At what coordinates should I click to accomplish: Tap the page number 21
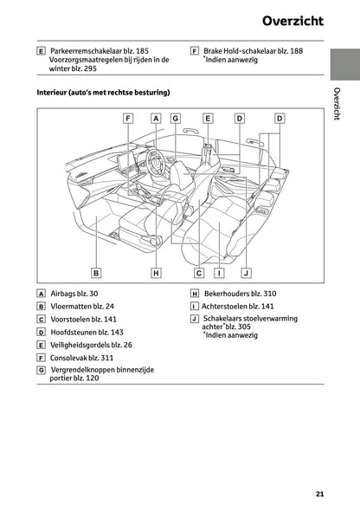(319, 495)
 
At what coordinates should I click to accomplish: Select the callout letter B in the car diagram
(97, 273)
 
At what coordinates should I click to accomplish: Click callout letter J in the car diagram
(246, 273)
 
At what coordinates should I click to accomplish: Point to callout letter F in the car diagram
(127, 118)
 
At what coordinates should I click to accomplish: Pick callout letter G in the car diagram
(175, 118)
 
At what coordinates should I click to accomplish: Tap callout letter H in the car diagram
(156, 273)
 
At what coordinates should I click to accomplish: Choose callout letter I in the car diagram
(220, 273)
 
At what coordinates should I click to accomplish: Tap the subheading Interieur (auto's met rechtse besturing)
(103, 92)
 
